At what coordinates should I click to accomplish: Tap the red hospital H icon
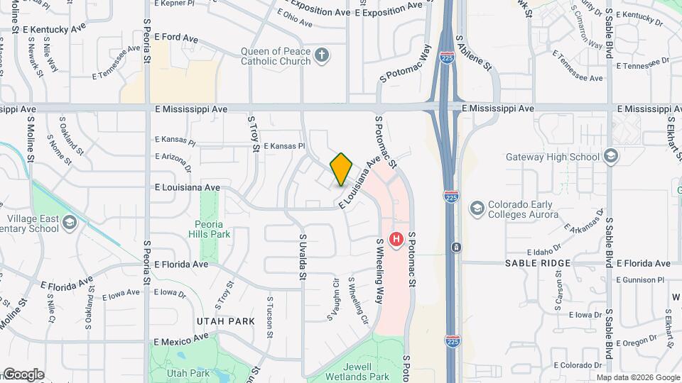[x=396, y=240]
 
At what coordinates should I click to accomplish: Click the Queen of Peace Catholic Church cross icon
[x=322, y=55]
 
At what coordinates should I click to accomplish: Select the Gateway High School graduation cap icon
[x=611, y=156]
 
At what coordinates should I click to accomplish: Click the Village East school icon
[x=70, y=223]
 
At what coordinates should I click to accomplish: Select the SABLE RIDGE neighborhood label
[x=538, y=263]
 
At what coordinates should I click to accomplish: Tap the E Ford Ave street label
[x=176, y=36]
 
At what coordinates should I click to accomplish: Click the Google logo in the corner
[x=23, y=374]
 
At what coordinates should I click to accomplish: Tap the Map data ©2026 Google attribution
[x=637, y=377]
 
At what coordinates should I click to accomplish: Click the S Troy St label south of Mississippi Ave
[x=254, y=135]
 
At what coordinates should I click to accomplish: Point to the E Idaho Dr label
[x=544, y=252]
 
